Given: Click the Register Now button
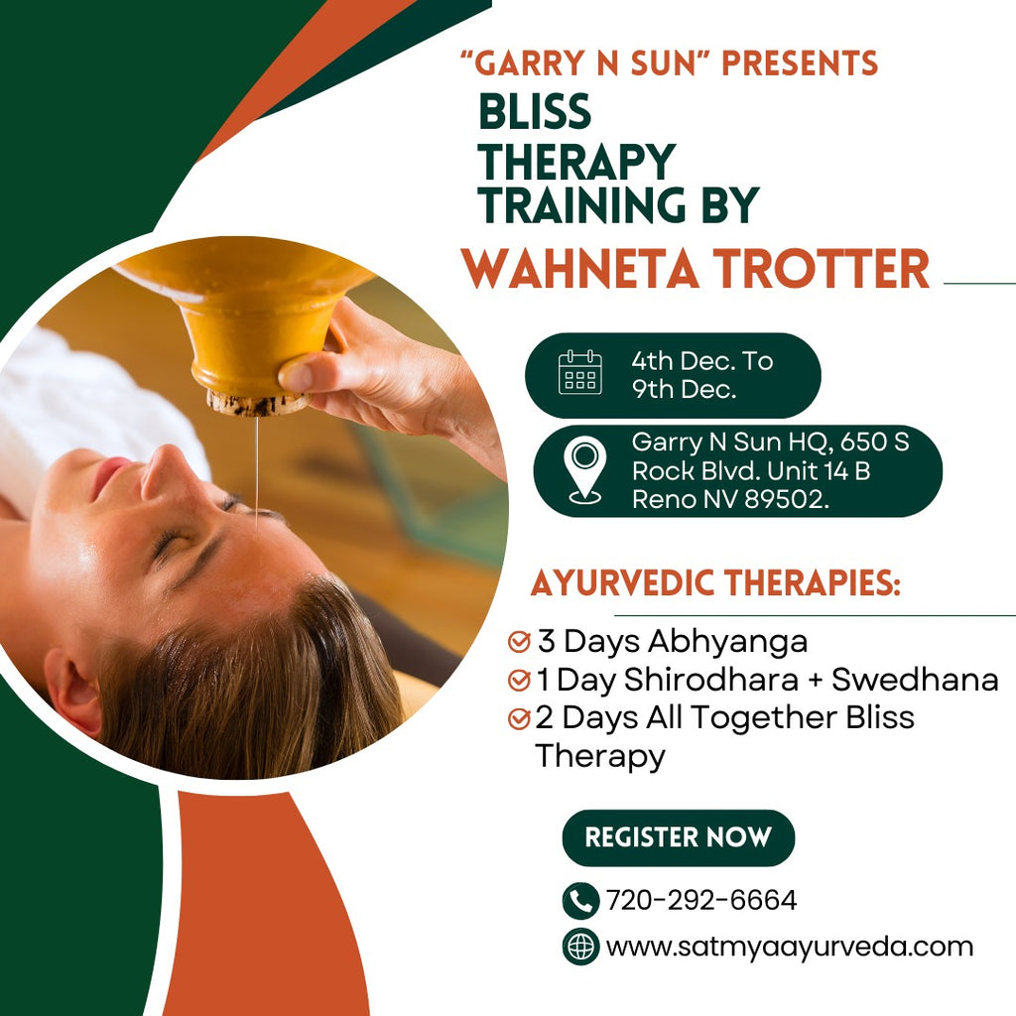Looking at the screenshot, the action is coord(678,837).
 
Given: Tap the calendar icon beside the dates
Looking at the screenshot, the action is coord(579,372).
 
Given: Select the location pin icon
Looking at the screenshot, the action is coord(584,469).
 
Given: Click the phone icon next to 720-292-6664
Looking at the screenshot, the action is coord(580,901).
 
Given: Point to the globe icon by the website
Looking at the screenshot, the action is coord(580,947).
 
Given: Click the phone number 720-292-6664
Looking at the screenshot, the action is coord(701,900).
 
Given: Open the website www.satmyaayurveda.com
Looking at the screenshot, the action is coord(789,947).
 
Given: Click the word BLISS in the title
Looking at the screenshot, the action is coord(535,111).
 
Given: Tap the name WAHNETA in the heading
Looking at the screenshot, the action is coord(579,268).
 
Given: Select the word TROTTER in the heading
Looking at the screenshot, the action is coord(822,268).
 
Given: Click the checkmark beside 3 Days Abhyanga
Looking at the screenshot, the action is coord(519,641).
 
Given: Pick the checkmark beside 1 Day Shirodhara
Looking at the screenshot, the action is coord(519,680).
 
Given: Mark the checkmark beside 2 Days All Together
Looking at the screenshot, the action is coord(519,718).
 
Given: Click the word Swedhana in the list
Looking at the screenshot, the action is coord(914,680).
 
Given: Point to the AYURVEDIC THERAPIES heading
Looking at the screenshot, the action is coord(715,583).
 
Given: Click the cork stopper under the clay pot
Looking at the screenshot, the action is coord(257,402).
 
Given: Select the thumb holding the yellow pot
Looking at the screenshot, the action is coord(305,373).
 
